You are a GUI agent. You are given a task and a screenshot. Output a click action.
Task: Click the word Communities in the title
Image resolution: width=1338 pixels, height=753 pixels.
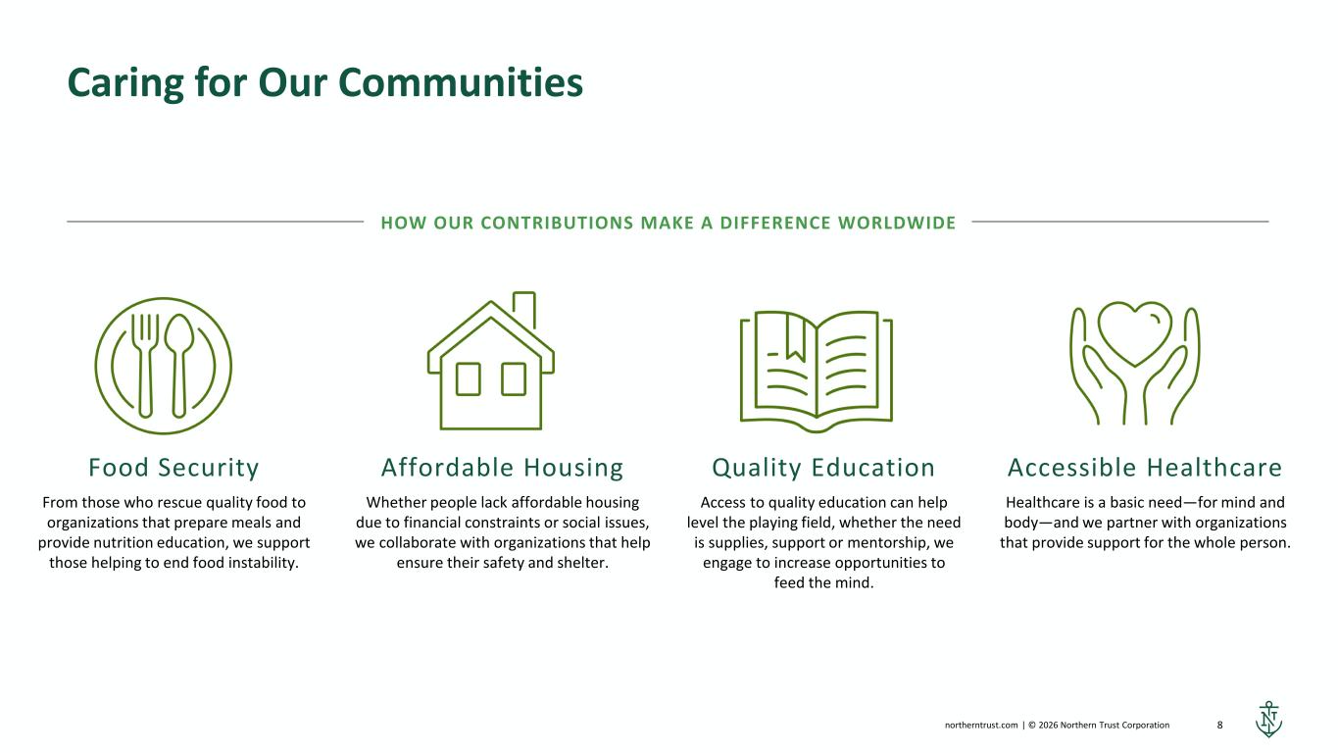click(460, 82)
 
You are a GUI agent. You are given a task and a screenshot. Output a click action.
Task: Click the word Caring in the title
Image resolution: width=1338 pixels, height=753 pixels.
click(125, 84)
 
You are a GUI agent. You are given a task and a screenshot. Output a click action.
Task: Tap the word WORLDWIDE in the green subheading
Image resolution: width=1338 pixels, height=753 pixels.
click(897, 223)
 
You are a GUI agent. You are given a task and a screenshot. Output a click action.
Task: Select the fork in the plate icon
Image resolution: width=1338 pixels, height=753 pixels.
click(145, 365)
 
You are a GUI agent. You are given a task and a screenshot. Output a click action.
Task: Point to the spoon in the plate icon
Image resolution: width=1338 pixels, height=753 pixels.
click(178, 365)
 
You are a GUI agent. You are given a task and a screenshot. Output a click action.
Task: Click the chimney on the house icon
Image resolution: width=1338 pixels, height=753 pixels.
click(524, 309)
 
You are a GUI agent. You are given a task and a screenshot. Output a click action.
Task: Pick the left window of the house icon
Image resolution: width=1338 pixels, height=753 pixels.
click(469, 378)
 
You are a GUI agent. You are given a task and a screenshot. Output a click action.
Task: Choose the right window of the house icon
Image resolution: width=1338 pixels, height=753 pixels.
click(514, 378)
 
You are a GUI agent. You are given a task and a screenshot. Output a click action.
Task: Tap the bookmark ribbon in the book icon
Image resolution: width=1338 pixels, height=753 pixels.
click(795, 337)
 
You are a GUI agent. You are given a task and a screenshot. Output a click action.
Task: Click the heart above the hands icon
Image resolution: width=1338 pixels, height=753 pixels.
click(1135, 333)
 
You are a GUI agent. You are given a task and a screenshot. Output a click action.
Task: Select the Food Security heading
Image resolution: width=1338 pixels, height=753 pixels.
click(173, 468)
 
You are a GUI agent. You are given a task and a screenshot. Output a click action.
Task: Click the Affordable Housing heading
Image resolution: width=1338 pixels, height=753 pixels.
click(502, 468)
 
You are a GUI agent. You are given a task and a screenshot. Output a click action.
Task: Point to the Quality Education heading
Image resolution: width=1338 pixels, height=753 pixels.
click(823, 468)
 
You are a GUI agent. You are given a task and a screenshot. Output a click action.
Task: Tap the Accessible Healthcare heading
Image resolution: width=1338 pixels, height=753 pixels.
click(1145, 468)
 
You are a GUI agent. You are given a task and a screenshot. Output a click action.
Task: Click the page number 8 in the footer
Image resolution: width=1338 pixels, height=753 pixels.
click(1219, 725)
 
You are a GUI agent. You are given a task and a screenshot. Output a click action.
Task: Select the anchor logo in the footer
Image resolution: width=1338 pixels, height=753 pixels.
click(1268, 720)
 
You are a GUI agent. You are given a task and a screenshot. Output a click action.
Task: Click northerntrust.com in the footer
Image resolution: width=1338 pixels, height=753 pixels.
click(981, 725)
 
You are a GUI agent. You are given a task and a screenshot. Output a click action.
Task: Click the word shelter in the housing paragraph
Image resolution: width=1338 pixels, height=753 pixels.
click(583, 563)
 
